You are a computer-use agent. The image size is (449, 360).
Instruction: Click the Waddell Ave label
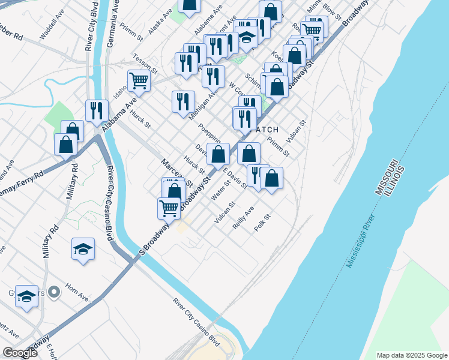pyautogui.click(x=51, y=28)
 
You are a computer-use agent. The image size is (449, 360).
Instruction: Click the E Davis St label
pyautogui.click(x=235, y=178)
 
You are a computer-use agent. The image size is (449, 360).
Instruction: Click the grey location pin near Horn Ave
pyautogui.click(x=54, y=292)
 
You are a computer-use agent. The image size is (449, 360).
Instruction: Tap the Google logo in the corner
pyautogui.click(x=20, y=353)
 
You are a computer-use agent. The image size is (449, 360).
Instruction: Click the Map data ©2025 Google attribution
pyautogui.click(x=411, y=355)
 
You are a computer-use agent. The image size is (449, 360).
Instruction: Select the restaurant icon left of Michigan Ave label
pyautogui.click(x=183, y=101)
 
